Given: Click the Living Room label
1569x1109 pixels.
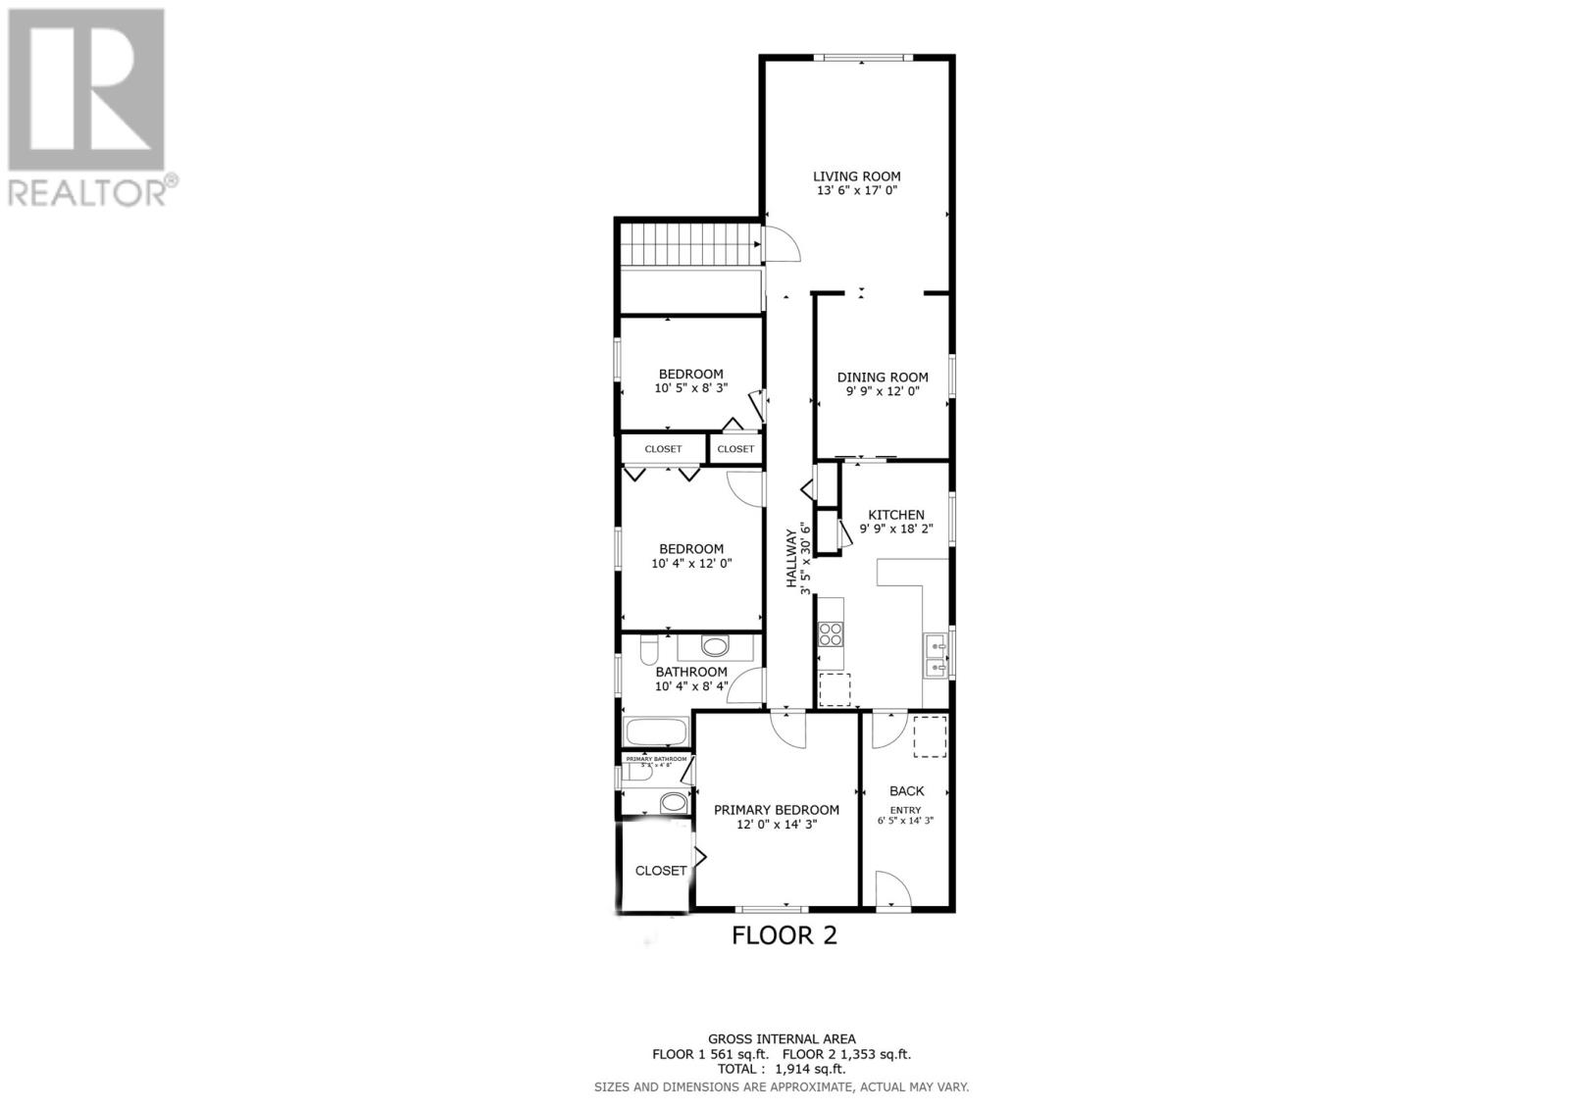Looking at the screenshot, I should point(856,176).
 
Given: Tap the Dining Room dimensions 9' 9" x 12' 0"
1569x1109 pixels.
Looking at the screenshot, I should point(883,391).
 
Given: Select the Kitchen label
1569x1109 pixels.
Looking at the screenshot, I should point(896,515).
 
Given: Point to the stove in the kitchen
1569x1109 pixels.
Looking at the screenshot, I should point(831,633).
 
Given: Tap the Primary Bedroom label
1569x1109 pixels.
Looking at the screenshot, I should point(776,810).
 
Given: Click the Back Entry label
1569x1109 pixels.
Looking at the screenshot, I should point(906,791).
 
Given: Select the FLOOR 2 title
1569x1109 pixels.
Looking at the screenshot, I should point(784,935).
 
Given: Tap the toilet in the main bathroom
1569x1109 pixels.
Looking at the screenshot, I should point(648,651).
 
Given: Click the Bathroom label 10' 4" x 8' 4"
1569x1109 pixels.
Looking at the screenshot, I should point(691,679).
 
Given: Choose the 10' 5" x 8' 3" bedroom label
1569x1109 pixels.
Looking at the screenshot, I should point(690,380).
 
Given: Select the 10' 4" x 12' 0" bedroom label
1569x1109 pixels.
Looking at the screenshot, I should point(691,556).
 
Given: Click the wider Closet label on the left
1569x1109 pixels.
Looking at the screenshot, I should point(663,449).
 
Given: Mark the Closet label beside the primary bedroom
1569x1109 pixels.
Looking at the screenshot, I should point(661,871).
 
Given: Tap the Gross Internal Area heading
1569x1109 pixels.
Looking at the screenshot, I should point(782,1038).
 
